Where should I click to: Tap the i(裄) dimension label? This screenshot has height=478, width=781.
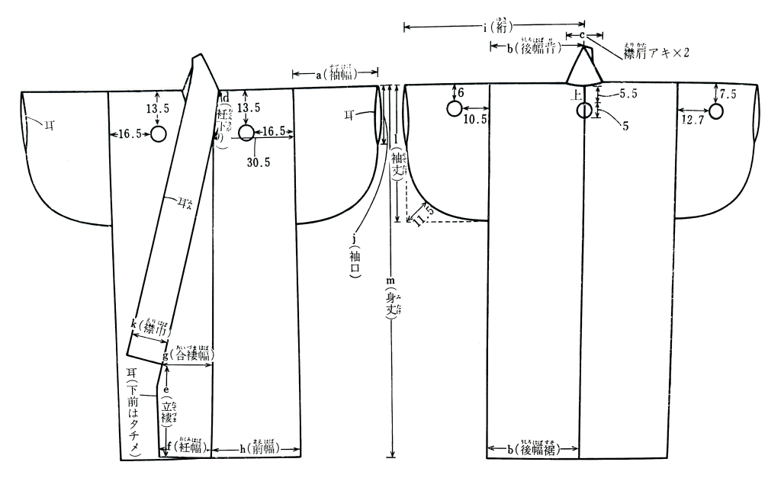[x=497, y=27]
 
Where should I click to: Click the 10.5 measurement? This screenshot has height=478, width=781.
[x=474, y=120]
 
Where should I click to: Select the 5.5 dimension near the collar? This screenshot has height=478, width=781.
[x=628, y=93]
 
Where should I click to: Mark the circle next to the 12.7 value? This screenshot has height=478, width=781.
[x=715, y=112]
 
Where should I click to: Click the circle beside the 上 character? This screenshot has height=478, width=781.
[x=584, y=111]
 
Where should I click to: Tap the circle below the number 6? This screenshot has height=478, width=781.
[x=454, y=108]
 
